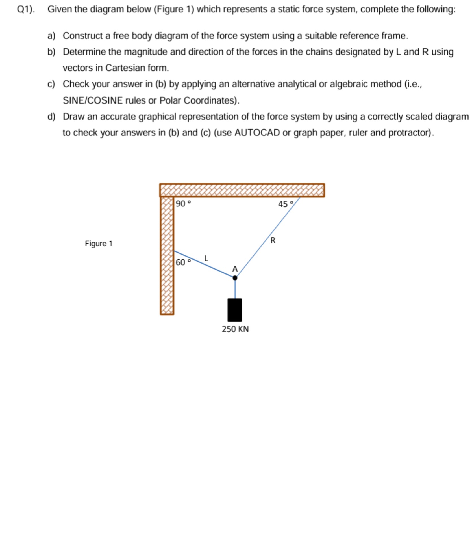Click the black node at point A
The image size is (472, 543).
point(235,278)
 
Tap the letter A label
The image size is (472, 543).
point(235,269)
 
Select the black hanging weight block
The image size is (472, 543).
point(235,310)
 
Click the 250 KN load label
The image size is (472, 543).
point(235,329)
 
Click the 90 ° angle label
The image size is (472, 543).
point(183,203)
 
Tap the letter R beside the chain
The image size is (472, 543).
point(273,240)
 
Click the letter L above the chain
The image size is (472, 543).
point(206,258)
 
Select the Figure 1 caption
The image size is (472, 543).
point(99,244)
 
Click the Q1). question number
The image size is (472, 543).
point(26,9)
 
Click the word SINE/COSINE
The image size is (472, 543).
point(93,100)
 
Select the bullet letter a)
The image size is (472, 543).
point(51,36)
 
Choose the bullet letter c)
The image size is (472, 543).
point(51,84)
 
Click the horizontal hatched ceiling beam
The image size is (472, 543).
point(242,190)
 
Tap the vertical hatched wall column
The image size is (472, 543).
point(167,255)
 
